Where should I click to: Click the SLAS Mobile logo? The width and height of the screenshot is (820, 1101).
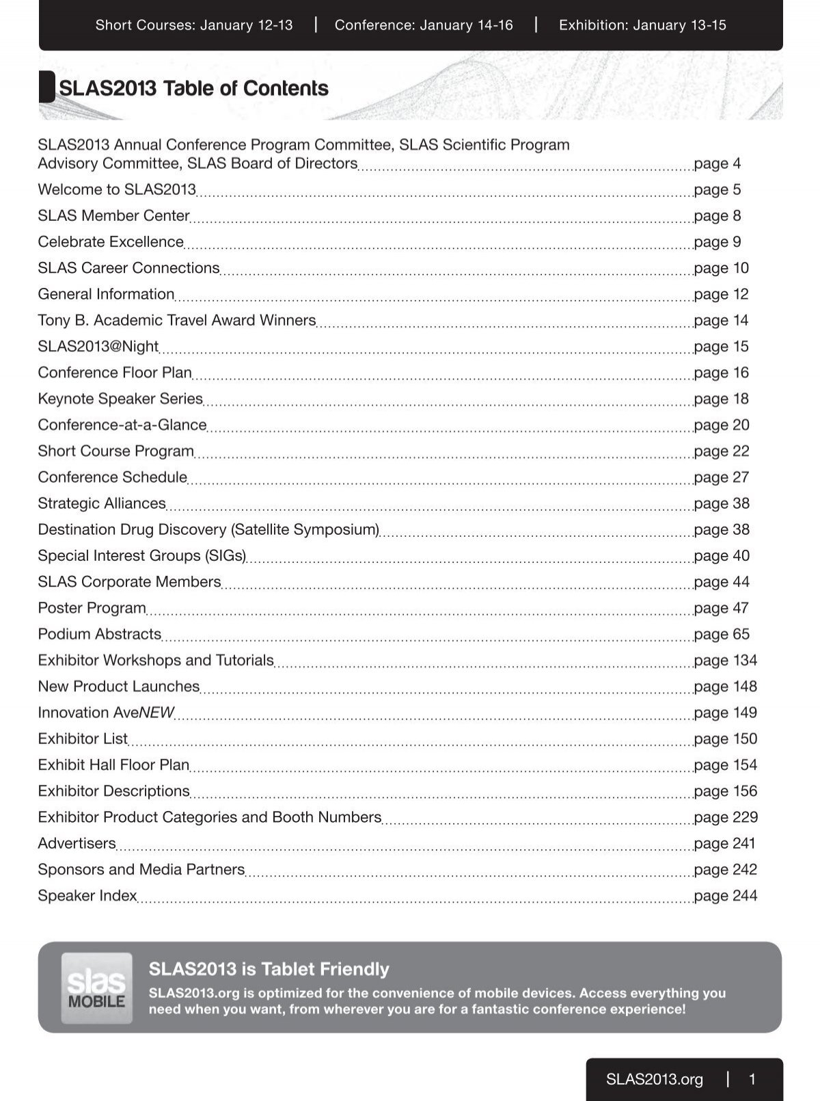(x=96, y=987)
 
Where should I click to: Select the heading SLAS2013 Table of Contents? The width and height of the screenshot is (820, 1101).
(x=193, y=88)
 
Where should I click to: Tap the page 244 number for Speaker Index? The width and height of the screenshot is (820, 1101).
(x=725, y=895)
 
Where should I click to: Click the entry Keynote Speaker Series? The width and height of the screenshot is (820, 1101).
(x=120, y=399)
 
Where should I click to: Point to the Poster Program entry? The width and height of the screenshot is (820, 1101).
(x=92, y=608)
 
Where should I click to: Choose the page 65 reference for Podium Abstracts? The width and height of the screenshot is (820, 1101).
(x=721, y=634)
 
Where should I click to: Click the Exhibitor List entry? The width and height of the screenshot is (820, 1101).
(x=83, y=739)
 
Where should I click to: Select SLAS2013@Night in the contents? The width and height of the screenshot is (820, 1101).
(x=98, y=346)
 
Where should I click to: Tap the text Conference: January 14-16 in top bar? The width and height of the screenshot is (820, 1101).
(x=424, y=25)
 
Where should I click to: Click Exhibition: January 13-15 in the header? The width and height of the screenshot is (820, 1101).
(x=642, y=25)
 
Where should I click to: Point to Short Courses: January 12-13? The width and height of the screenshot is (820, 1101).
(x=194, y=25)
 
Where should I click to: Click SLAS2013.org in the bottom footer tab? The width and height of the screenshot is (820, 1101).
(x=654, y=1079)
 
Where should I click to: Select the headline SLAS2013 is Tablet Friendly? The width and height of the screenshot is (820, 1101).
(x=269, y=969)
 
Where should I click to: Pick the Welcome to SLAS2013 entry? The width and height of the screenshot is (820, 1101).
(x=117, y=189)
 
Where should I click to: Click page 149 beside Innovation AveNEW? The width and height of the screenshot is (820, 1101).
(x=725, y=713)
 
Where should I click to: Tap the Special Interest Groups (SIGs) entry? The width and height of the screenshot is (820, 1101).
(x=141, y=555)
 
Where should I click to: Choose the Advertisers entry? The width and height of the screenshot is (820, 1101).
(x=77, y=843)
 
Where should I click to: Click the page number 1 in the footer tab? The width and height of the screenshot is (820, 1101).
(x=752, y=1079)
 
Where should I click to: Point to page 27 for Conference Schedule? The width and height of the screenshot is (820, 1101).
(x=721, y=477)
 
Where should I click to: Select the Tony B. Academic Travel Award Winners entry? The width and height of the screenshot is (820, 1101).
(x=176, y=320)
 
